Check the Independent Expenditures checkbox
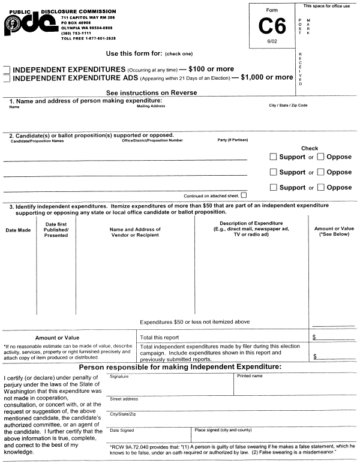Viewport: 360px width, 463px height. click(6, 69)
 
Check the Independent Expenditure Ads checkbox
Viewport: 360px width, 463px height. click(6, 77)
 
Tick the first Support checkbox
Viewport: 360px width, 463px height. click(274, 157)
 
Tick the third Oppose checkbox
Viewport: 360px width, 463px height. click(321, 187)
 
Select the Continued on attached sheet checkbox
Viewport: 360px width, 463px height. click(243, 196)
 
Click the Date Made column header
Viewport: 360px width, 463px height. click(18, 230)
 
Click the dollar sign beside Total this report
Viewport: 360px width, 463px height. click(314, 337)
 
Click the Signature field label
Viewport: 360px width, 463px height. click(119, 376)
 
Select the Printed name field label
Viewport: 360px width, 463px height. click(250, 376)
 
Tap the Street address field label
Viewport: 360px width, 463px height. click(124, 399)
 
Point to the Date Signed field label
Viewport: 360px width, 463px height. click(122, 430)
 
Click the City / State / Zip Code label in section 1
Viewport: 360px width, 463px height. click(288, 105)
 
